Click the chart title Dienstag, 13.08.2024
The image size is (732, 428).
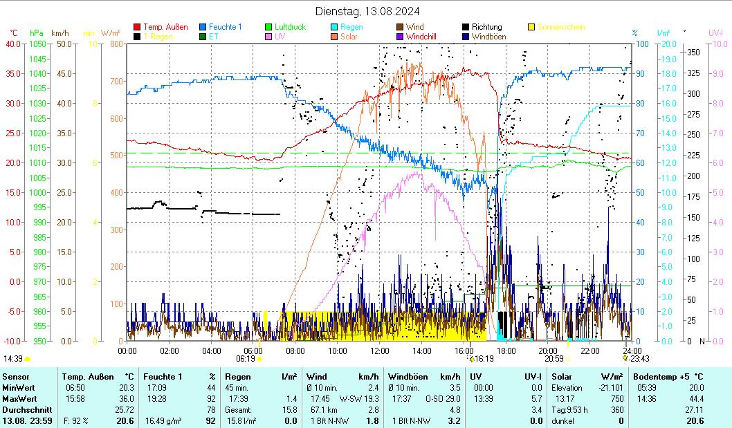coord(367,10)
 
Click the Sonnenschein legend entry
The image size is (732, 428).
coord(560,27)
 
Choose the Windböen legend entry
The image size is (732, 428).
coord(487,37)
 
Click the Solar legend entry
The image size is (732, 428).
coord(349,37)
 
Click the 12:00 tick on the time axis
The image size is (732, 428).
coord(380,351)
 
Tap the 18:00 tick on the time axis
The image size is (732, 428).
coord(506,351)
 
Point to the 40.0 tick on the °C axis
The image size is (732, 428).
coord(14,44)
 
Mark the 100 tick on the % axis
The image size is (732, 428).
coord(642,44)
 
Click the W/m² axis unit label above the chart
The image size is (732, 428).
coord(111,32)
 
